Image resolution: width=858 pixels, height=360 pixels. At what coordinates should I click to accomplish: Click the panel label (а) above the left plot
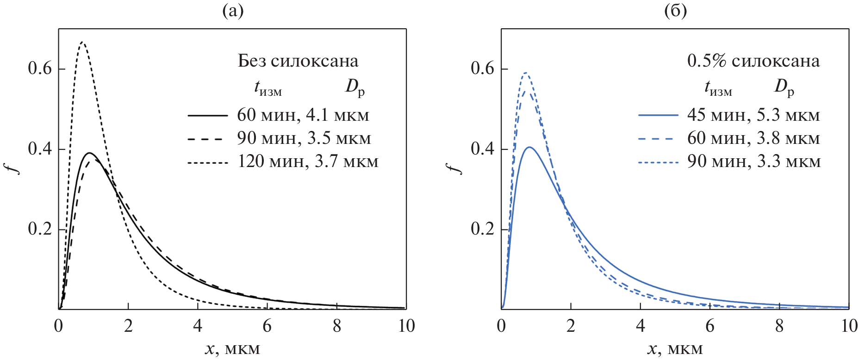click(x=233, y=11)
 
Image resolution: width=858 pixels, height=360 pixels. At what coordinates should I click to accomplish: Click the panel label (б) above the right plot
click(x=675, y=11)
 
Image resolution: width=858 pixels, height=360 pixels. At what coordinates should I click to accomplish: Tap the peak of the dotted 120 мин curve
click(x=82, y=42)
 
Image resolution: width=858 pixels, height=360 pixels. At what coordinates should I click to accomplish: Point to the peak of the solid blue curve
click(x=529, y=147)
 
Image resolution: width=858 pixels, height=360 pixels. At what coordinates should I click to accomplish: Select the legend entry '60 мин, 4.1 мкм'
click(x=303, y=115)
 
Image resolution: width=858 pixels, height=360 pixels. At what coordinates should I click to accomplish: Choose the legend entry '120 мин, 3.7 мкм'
click(x=308, y=161)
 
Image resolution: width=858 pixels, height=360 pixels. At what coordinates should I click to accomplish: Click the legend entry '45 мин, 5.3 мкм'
click(x=753, y=115)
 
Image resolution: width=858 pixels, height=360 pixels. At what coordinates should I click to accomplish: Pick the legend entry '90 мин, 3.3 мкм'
click(x=754, y=161)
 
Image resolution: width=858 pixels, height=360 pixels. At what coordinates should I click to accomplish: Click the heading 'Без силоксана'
click(x=298, y=61)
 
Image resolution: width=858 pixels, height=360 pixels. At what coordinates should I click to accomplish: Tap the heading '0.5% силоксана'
click(x=753, y=61)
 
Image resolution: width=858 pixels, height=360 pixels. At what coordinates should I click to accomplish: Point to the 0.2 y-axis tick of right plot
click(x=483, y=229)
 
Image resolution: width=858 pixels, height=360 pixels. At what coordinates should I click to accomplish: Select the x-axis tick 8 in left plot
click(x=337, y=326)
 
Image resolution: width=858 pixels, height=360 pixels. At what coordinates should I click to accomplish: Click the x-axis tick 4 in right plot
click(x=640, y=326)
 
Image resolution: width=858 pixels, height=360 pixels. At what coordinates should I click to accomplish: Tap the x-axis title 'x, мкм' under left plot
click(x=232, y=349)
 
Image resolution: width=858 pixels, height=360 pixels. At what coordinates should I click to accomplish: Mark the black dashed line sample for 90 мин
click(x=208, y=138)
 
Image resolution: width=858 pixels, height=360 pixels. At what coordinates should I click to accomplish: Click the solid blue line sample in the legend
click(x=658, y=115)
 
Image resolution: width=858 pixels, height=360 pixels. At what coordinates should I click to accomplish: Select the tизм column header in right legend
click(x=718, y=87)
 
